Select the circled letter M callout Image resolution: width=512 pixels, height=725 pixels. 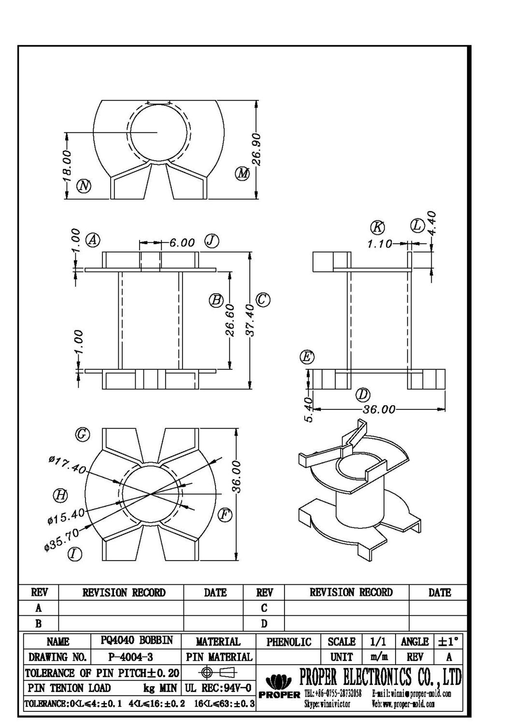coord(242,173)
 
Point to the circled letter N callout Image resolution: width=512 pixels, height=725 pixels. coord(85,186)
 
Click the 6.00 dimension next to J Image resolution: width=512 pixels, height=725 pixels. coord(182,243)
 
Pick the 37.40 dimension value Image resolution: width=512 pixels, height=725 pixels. coord(250,320)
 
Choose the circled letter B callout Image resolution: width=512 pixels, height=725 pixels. coord(215,300)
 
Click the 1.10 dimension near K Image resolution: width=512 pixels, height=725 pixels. coord(380,244)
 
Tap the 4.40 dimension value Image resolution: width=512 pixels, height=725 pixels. coord(432,223)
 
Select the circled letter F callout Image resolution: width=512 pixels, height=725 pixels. coord(224,515)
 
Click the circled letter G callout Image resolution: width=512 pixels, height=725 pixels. coord(83,435)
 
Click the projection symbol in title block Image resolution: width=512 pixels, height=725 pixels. coord(219,672)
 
